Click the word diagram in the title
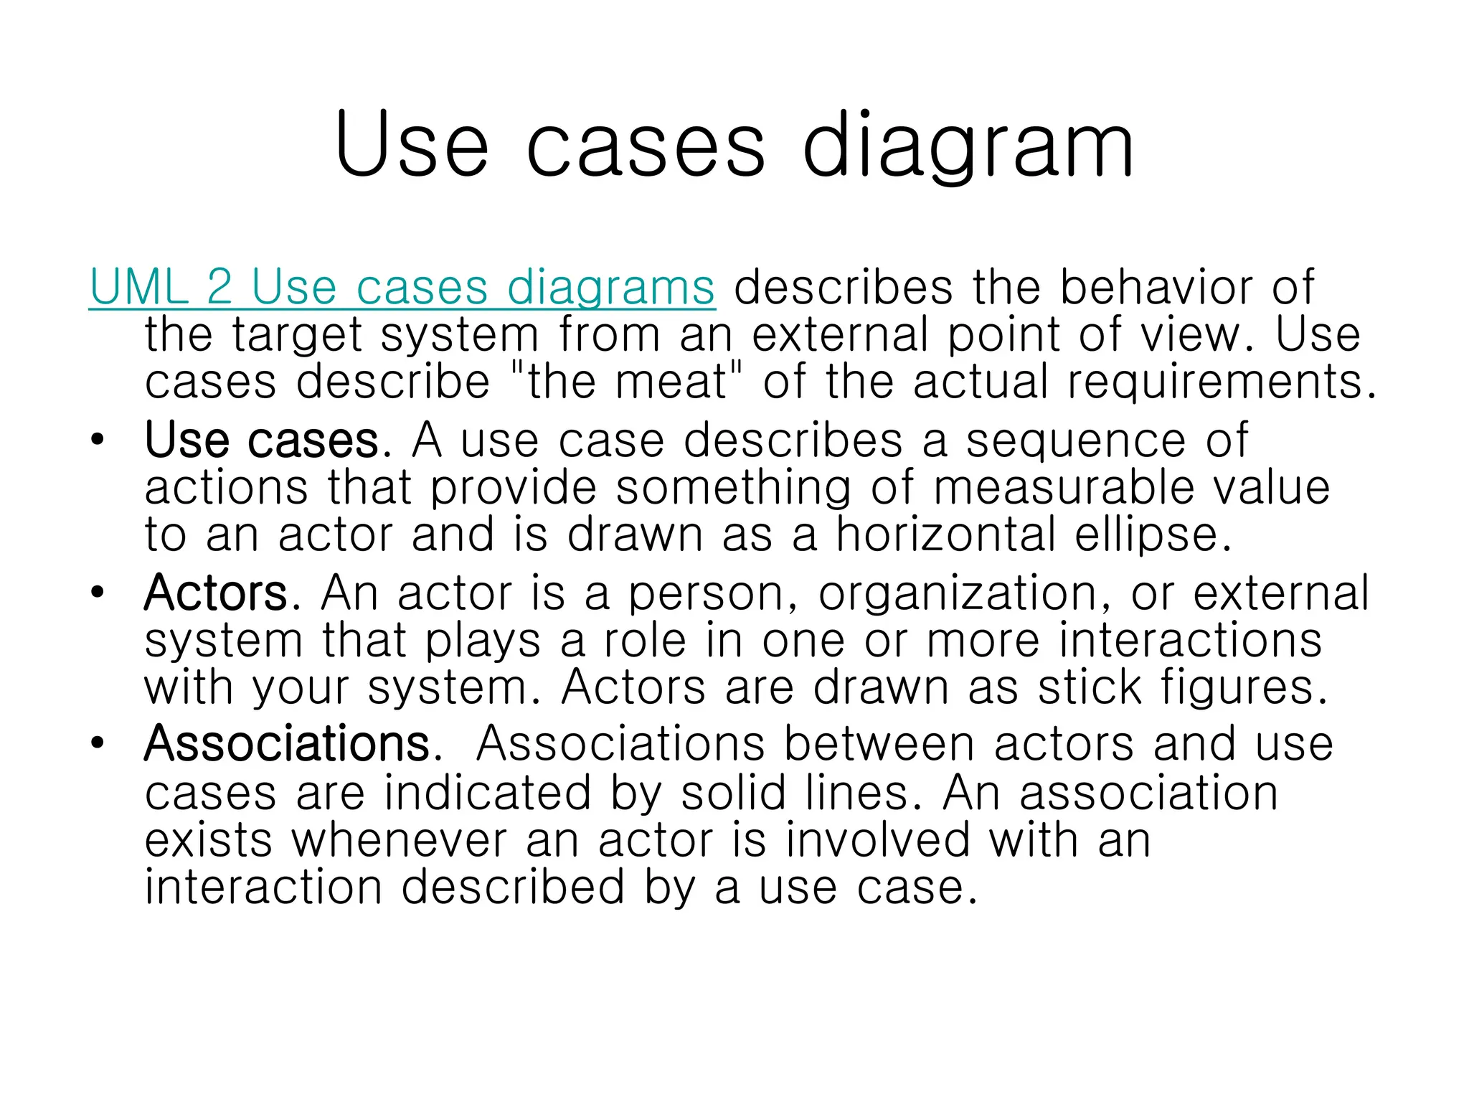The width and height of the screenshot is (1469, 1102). point(968,147)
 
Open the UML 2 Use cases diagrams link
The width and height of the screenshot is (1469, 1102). point(402,288)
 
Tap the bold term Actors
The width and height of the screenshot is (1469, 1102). point(216,593)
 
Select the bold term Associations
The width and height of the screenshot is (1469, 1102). point(287,744)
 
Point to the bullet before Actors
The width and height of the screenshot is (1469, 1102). point(98,593)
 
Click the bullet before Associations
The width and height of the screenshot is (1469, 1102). point(98,744)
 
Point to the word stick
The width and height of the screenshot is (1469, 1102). point(1090,688)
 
